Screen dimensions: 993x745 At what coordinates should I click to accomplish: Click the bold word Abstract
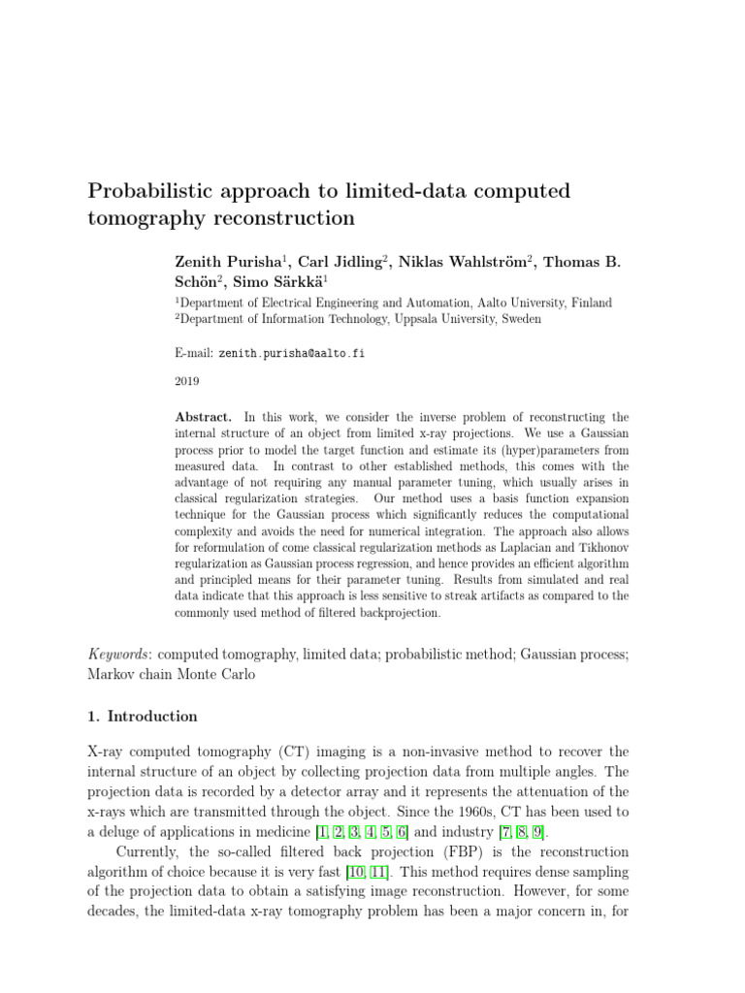coord(203,417)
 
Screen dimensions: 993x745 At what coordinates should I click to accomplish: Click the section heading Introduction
coord(152,717)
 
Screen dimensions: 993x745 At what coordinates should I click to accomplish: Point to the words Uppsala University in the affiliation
coord(464,318)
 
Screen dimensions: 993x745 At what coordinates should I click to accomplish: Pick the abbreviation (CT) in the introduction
coord(275,752)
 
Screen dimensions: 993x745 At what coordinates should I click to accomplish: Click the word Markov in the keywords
coord(113,675)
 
